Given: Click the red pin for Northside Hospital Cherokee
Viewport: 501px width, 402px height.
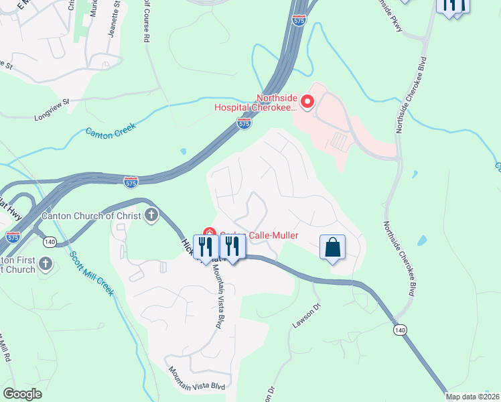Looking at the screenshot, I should point(307,102).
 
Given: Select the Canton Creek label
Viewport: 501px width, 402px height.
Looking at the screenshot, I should point(111,129).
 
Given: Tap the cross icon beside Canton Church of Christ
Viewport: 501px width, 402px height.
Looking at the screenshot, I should point(151,216).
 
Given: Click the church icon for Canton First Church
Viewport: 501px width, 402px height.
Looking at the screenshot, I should point(46,263).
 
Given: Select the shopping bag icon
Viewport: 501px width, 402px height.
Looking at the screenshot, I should point(332,247).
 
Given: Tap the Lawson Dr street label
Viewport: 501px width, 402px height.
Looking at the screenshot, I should point(307,316).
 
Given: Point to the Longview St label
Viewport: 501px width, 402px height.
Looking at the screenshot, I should point(52,107).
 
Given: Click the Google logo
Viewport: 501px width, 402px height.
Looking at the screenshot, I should point(22,394).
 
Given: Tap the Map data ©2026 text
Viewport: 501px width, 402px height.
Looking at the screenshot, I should point(472,397).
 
